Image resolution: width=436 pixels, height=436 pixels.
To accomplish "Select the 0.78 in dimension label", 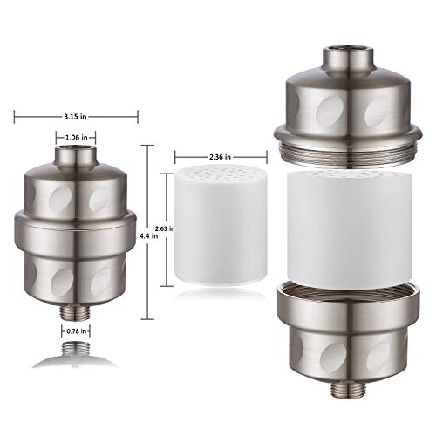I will tap(77, 331).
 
